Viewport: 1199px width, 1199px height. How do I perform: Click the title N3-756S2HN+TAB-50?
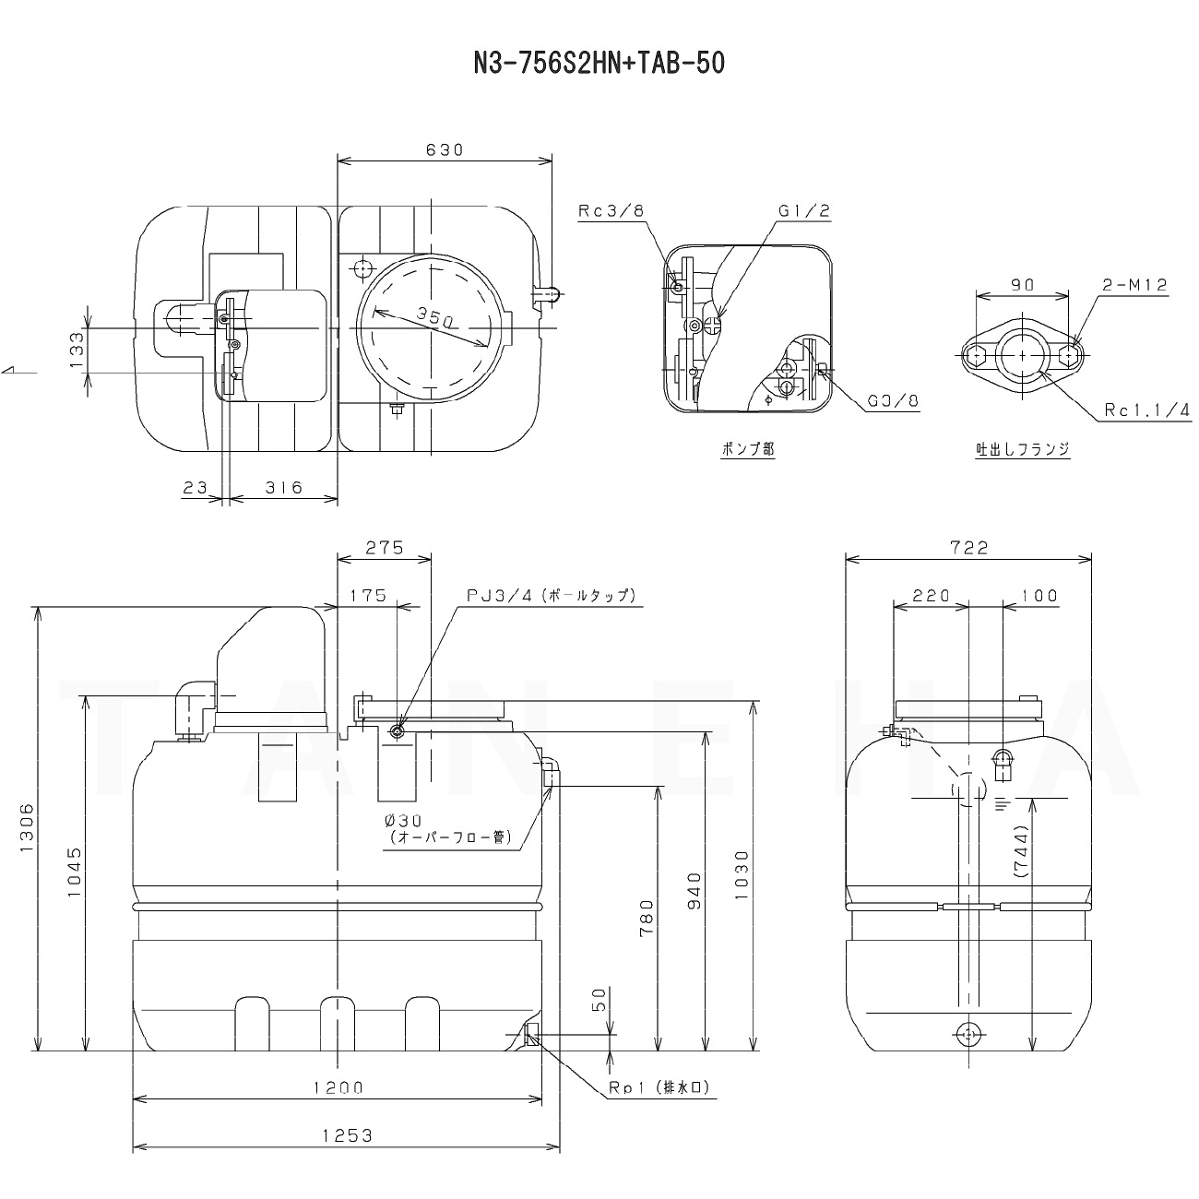point(599,63)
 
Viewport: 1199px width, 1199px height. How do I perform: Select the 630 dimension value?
point(445,150)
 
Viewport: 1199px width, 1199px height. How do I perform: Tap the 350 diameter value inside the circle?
point(435,317)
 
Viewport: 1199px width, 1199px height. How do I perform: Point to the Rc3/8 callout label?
point(611,211)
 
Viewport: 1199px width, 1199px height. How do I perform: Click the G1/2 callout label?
point(804,211)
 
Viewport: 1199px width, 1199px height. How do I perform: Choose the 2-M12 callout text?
point(1135,285)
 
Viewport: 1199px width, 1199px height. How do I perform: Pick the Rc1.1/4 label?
point(1147,410)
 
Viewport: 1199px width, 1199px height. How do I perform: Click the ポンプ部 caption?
point(748,448)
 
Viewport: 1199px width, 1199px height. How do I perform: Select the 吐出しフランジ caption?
point(1022,448)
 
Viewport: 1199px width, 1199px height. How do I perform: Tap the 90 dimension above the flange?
point(1022,285)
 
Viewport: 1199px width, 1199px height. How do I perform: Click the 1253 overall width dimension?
point(347,1135)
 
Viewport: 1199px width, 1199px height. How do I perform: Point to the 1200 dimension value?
point(338,1087)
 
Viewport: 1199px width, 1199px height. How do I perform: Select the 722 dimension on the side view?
point(969,548)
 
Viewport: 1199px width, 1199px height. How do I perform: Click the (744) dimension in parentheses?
point(1020,851)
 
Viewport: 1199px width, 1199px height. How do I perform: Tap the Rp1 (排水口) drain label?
point(659,1087)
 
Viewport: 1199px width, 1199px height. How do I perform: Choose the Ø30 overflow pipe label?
point(403,822)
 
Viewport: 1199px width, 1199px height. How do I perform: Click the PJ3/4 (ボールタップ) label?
point(552,596)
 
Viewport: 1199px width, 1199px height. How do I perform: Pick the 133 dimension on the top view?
point(76,350)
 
